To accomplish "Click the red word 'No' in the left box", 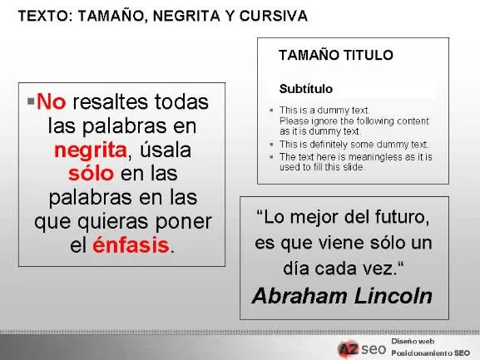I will pos(51,102).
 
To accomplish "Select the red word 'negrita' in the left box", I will pos(90,150).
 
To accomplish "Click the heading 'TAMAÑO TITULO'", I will pos(335,56).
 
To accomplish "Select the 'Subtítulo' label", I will pos(305,88).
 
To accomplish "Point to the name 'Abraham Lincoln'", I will pos(342,296).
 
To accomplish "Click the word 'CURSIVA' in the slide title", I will pos(275,16).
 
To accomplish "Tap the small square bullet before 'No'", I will pos(31,101).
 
